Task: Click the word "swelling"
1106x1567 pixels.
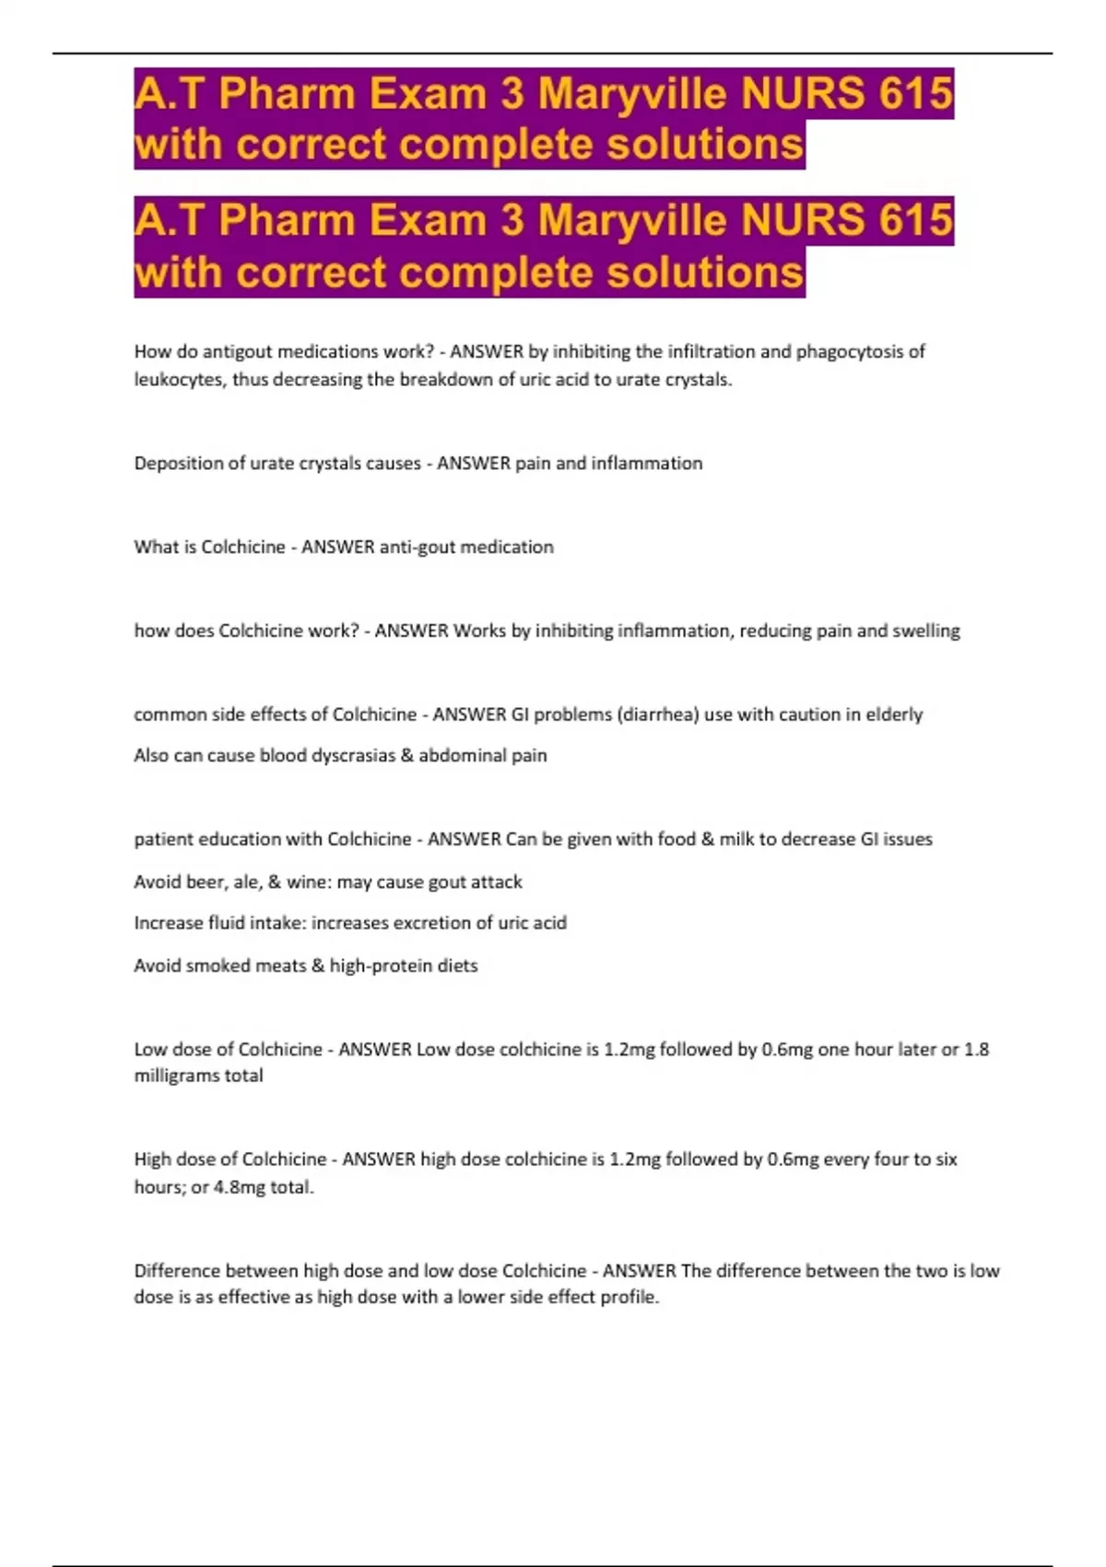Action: (x=925, y=630)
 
